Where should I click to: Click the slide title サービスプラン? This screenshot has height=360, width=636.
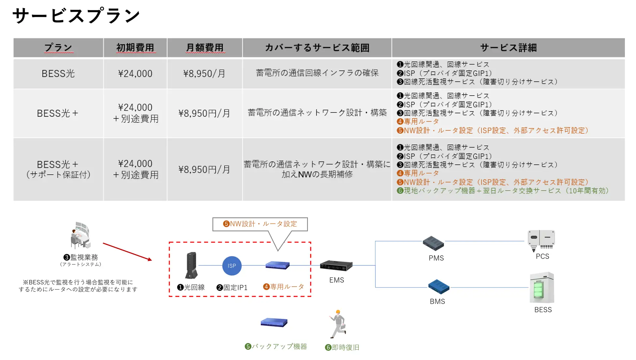coord(76,16)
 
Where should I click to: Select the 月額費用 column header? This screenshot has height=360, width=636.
coord(204,48)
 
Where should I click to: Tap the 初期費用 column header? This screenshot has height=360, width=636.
coord(135,48)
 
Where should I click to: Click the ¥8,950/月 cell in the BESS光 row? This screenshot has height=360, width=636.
coord(204,73)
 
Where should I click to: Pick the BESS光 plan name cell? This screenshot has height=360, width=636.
coord(58,73)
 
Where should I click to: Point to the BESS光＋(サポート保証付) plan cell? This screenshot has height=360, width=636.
coord(58,169)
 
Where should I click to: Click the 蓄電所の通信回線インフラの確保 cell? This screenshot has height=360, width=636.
coord(317,73)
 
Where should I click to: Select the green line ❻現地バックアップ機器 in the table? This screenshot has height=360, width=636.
coord(502,191)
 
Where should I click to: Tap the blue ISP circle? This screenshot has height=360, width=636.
coord(232,266)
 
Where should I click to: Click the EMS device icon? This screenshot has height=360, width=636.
coord(336,266)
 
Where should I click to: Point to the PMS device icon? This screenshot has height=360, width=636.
coord(433,243)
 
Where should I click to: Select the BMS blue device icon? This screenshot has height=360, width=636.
coord(439,287)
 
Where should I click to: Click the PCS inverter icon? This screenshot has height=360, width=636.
coord(541,240)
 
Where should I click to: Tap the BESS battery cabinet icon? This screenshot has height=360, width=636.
coord(542,288)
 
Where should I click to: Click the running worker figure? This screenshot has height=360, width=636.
coord(338,324)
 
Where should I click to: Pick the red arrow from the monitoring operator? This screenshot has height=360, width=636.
coord(127,252)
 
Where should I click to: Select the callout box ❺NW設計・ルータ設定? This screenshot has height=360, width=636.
coord(260,224)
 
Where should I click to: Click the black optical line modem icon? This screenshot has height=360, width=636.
coord(191,265)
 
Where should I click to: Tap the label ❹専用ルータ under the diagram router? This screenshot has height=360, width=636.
coord(283,287)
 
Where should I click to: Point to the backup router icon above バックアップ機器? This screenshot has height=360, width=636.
coord(274,322)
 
